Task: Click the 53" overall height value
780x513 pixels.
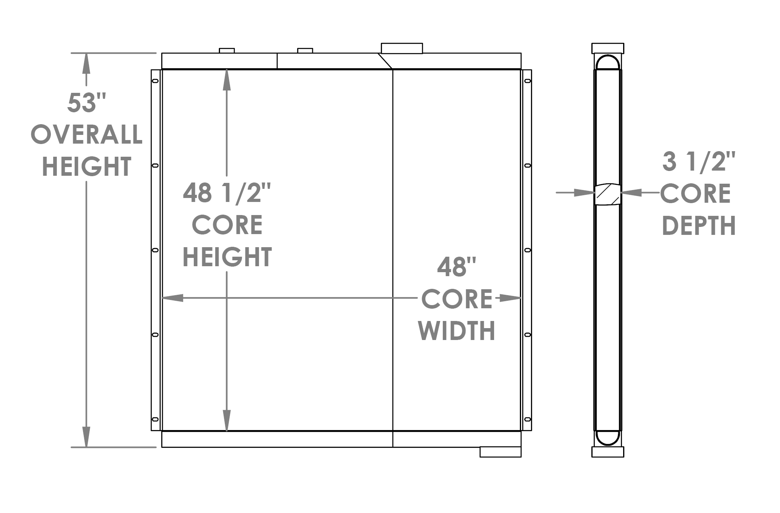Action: [x=87, y=103]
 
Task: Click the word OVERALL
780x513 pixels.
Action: [x=87, y=134]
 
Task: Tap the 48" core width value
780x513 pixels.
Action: [x=456, y=267]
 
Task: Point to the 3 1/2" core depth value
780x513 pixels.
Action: [x=699, y=162]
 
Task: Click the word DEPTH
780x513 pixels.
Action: [x=699, y=226]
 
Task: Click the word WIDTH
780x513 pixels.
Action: [x=456, y=331]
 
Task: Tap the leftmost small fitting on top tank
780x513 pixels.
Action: [x=227, y=50]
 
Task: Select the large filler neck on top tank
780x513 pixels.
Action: [x=402, y=48]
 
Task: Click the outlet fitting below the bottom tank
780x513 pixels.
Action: [x=500, y=452]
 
